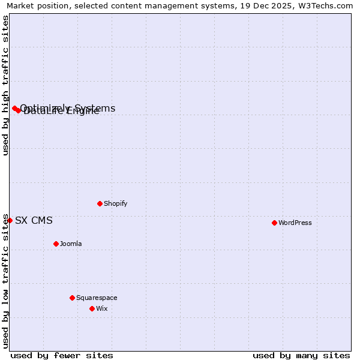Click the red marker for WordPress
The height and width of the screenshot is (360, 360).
pyautogui.click(x=274, y=223)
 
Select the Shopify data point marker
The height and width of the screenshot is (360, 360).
pyautogui.click(x=100, y=203)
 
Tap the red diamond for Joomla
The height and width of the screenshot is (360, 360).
pyautogui.click(x=56, y=244)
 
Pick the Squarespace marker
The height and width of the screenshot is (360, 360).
pyautogui.click(x=72, y=298)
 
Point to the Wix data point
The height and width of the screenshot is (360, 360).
pyautogui.click(x=92, y=308)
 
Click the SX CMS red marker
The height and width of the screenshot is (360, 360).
pyautogui.click(x=10, y=220)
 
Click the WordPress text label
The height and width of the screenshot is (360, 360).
pyautogui.click(x=295, y=223)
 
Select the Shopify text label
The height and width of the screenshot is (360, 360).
pyautogui.click(x=115, y=203)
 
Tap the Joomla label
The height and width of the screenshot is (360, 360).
pyautogui.click(x=71, y=244)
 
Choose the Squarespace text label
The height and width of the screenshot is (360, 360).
pyautogui.click(x=97, y=298)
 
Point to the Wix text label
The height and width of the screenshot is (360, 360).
pyautogui.click(x=101, y=308)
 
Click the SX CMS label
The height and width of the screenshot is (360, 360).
pyautogui.click(x=34, y=220)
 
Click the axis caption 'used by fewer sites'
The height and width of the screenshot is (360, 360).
pyautogui.click(x=62, y=355)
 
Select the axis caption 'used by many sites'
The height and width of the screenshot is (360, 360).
pyautogui.click(x=301, y=355)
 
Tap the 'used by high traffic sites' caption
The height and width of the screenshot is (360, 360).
pyautogui.click(x=6, y=85)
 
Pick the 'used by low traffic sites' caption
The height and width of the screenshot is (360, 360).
pyautogui.click(x=6, y=281)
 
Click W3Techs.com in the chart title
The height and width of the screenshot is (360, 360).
pyautogui.click(x=324, y=6)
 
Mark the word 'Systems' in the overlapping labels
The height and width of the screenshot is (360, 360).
pyautogui.click(x=96, y=108)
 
